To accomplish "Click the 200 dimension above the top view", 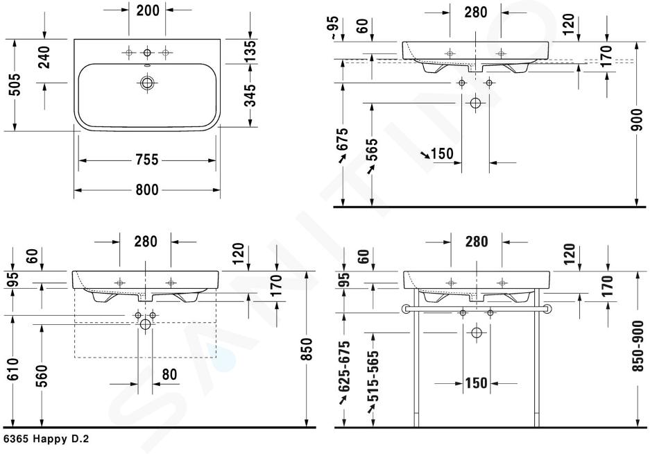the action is click(x=147, y=10).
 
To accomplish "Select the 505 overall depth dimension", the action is click(x=15, y=85).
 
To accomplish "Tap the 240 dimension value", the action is click(x=44, y=58).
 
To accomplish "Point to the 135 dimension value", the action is click(x=250, y=51).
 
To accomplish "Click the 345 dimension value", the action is click(x=250, y=95).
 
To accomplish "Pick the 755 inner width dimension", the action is click(x=147, y=160).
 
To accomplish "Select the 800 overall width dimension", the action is click(x=147, y=190).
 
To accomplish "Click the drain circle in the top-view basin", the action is click(x=147, y=83).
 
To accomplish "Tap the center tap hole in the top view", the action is click(x=147, y=53).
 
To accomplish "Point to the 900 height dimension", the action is click(x=638, y=120).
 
